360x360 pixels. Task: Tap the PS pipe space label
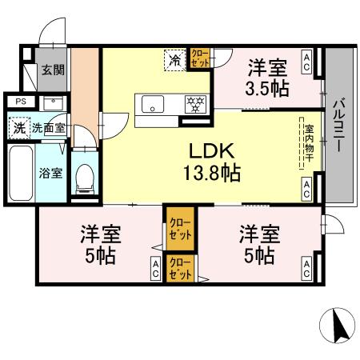[20, 102]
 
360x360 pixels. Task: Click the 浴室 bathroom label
[52, 174]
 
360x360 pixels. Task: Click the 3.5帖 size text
[267, 88]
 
